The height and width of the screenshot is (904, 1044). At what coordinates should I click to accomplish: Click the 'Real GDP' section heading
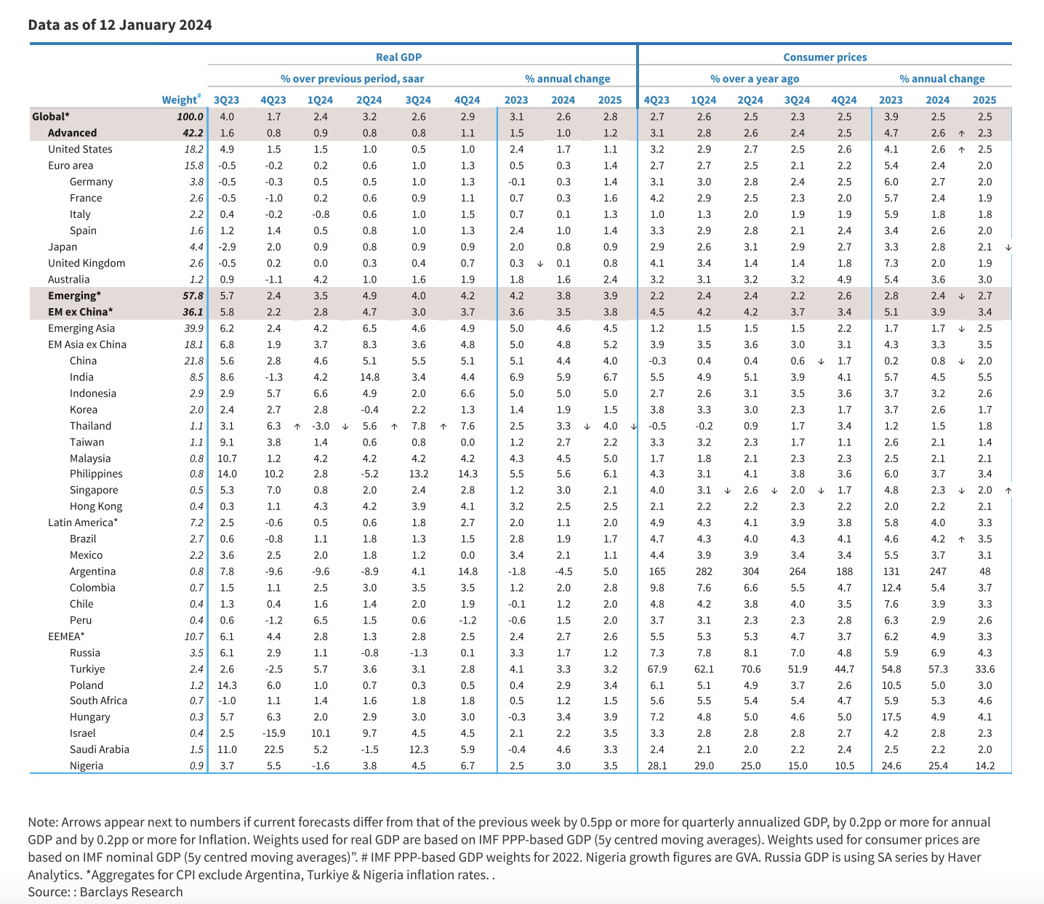[398, 57]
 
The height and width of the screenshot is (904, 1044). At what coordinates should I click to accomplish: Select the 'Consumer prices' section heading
[824, 57]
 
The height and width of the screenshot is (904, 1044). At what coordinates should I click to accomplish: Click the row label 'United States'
[80, 149]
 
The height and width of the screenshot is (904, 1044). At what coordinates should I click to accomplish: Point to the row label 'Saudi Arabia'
[100, 749]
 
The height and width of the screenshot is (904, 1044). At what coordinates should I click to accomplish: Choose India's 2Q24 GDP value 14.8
[369, 377]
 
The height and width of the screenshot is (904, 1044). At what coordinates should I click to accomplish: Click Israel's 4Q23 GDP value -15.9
[274, 733]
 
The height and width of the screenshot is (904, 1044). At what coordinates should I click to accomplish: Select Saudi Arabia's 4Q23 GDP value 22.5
[274, 749]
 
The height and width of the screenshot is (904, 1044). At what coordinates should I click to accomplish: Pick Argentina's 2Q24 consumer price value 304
[750, 571]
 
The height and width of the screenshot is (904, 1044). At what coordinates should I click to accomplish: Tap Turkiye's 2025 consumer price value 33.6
[984, 669]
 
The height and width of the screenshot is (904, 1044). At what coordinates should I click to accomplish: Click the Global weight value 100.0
[190, 116]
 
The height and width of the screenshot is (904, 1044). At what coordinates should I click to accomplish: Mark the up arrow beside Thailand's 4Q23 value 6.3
[297, 427]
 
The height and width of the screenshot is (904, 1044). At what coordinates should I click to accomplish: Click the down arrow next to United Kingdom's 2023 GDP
[540, 264]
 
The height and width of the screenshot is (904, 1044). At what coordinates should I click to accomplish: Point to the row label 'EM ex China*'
[80, 312]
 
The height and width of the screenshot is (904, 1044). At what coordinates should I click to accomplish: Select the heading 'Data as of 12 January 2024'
[120, 25]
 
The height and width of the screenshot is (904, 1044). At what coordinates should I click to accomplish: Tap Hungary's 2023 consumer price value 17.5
[891, 717]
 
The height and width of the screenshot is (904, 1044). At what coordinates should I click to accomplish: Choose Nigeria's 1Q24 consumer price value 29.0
[704, 766]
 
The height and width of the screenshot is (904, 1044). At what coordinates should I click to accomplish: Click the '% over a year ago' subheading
[755, 78]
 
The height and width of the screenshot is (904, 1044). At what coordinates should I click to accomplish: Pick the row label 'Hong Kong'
[96, 507]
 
